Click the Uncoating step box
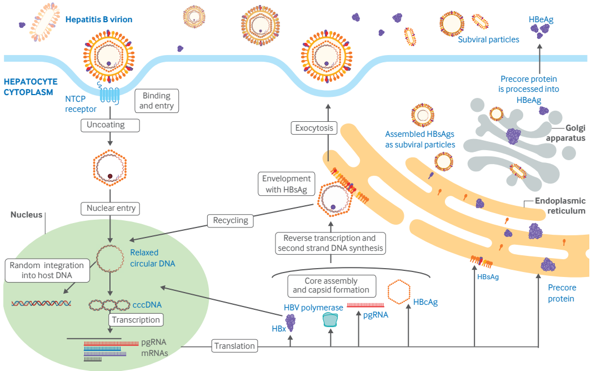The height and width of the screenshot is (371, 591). click(x=106, y=125)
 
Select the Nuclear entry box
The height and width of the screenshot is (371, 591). click(x=111, y=209)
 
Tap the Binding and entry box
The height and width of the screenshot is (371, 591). click(x=157, y=101)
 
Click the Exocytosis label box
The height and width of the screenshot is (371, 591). click(x=314, y=128)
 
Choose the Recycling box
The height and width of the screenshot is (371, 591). click(x=231, y=220)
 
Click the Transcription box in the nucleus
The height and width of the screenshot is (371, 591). click(x=136, y=320)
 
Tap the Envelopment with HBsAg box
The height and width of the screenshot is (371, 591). click(x=287, y=185)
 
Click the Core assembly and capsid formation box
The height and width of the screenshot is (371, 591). click(x=331, y=285)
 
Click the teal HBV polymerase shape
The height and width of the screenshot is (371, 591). click(x=330, y=319)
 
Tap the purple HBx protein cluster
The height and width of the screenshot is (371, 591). click(x=291, y=323)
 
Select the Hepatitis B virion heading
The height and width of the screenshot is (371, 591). click(x=99, y=19)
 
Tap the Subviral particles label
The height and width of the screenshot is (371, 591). click(x=488, y=39)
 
